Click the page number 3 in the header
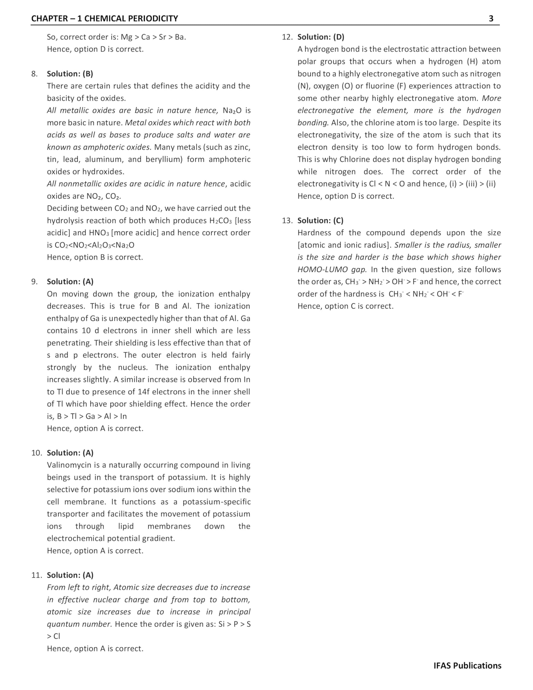[491, 18]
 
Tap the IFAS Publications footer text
[467, 666]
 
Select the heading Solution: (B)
[70, 74]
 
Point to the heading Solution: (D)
[321, 37]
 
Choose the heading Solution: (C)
[320, 220]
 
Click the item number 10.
[36, 453]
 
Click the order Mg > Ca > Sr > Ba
[153, 37]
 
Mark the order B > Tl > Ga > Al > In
[92, 416]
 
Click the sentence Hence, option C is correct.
[345, 306]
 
